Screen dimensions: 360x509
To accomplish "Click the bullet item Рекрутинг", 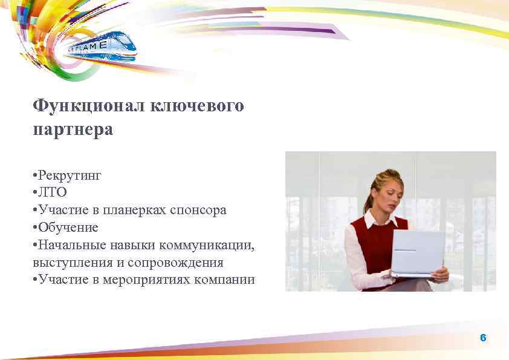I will click(x=70, y=175).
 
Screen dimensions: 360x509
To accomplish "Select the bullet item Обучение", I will click(x=68, y=227).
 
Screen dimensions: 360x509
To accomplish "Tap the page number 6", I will click(x=482, y=338).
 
